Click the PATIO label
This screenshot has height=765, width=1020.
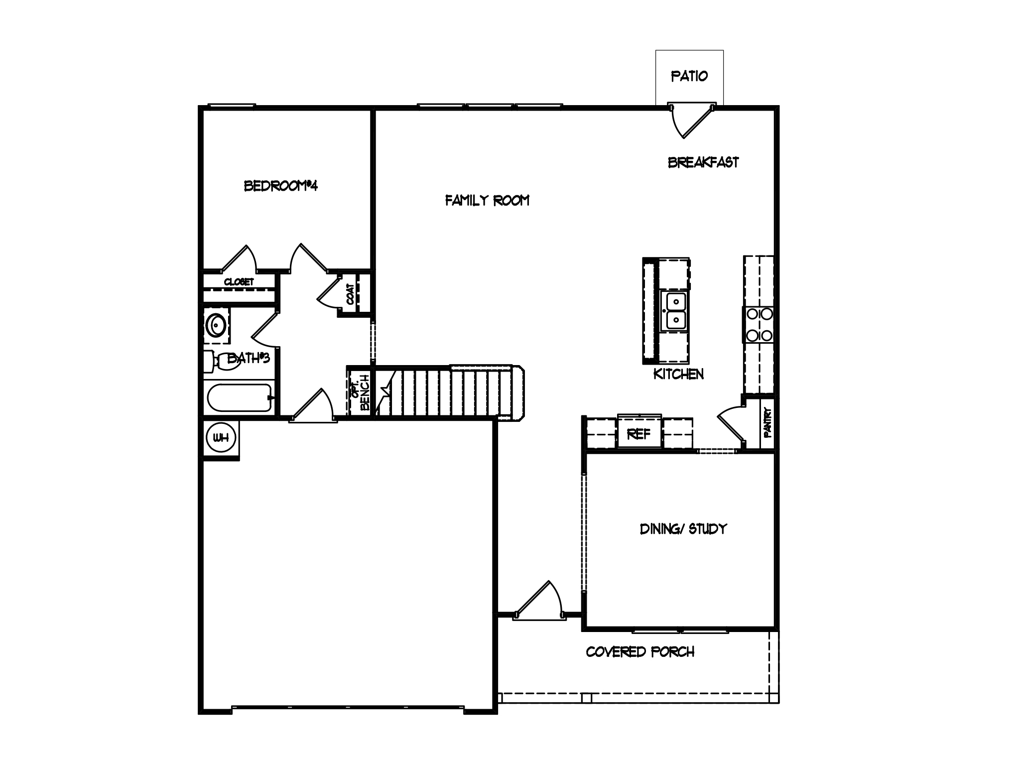pyautogui.click(x=689, y=76)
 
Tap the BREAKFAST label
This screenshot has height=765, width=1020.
pyautogui.click(x=703, y=162)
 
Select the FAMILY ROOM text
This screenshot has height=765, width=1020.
pyautogui.click(x=487, y=200)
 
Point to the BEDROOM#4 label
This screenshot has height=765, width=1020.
pyautogui.click(x=281, y=186)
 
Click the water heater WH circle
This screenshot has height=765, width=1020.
pyautogui.click(x=221, y=438)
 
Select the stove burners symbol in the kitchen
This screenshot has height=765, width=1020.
pyautogui.click(x=759, y=325)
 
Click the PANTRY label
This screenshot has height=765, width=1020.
pyautogui.click(x=768, y=423)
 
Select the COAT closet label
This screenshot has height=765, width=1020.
pyautogui.click(x=351, y=294)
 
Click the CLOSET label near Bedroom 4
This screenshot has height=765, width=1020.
pyautogui.click(x=239, y=282)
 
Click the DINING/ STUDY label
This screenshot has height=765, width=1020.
pyautogui.click(x=683, y=528)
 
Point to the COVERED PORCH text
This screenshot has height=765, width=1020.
pyautogui.click(x=640, y=652)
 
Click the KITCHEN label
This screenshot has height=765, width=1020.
pyautogui.click(x=678, y=374)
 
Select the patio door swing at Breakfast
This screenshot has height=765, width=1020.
pyautogui.click(x=691, y=120)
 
